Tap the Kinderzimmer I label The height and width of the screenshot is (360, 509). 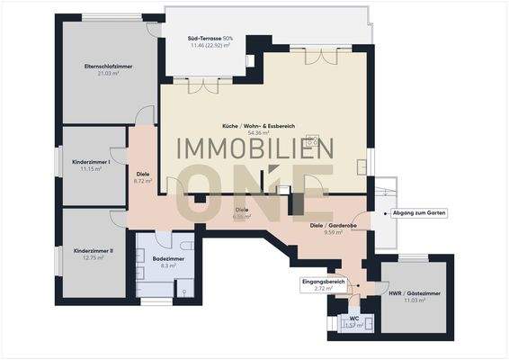(x=91, y=161)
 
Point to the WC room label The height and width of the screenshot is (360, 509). (x=353, y=318)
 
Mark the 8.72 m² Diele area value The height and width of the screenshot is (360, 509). (x=142, y=181)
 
